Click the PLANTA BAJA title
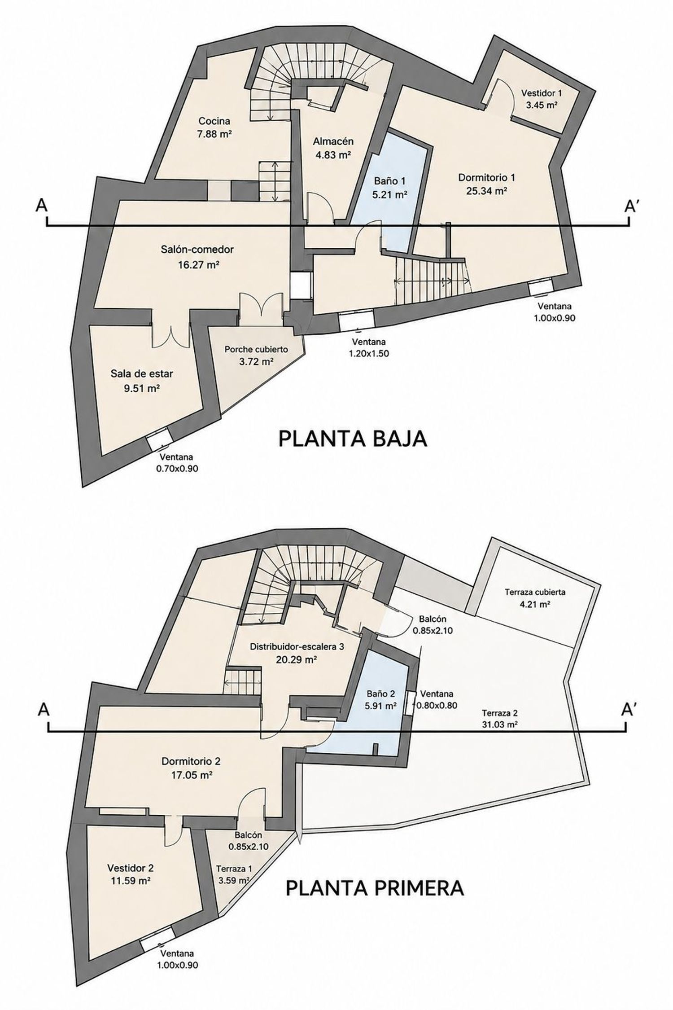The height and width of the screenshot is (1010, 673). (x=353, y=439)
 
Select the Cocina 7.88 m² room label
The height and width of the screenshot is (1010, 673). (x=214, y=127)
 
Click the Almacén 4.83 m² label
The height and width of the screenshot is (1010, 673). (x=333, y=148)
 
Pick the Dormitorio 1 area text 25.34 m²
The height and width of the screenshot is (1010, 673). (x=486, y=190)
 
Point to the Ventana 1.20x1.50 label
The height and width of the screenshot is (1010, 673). (x=369, y=347)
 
